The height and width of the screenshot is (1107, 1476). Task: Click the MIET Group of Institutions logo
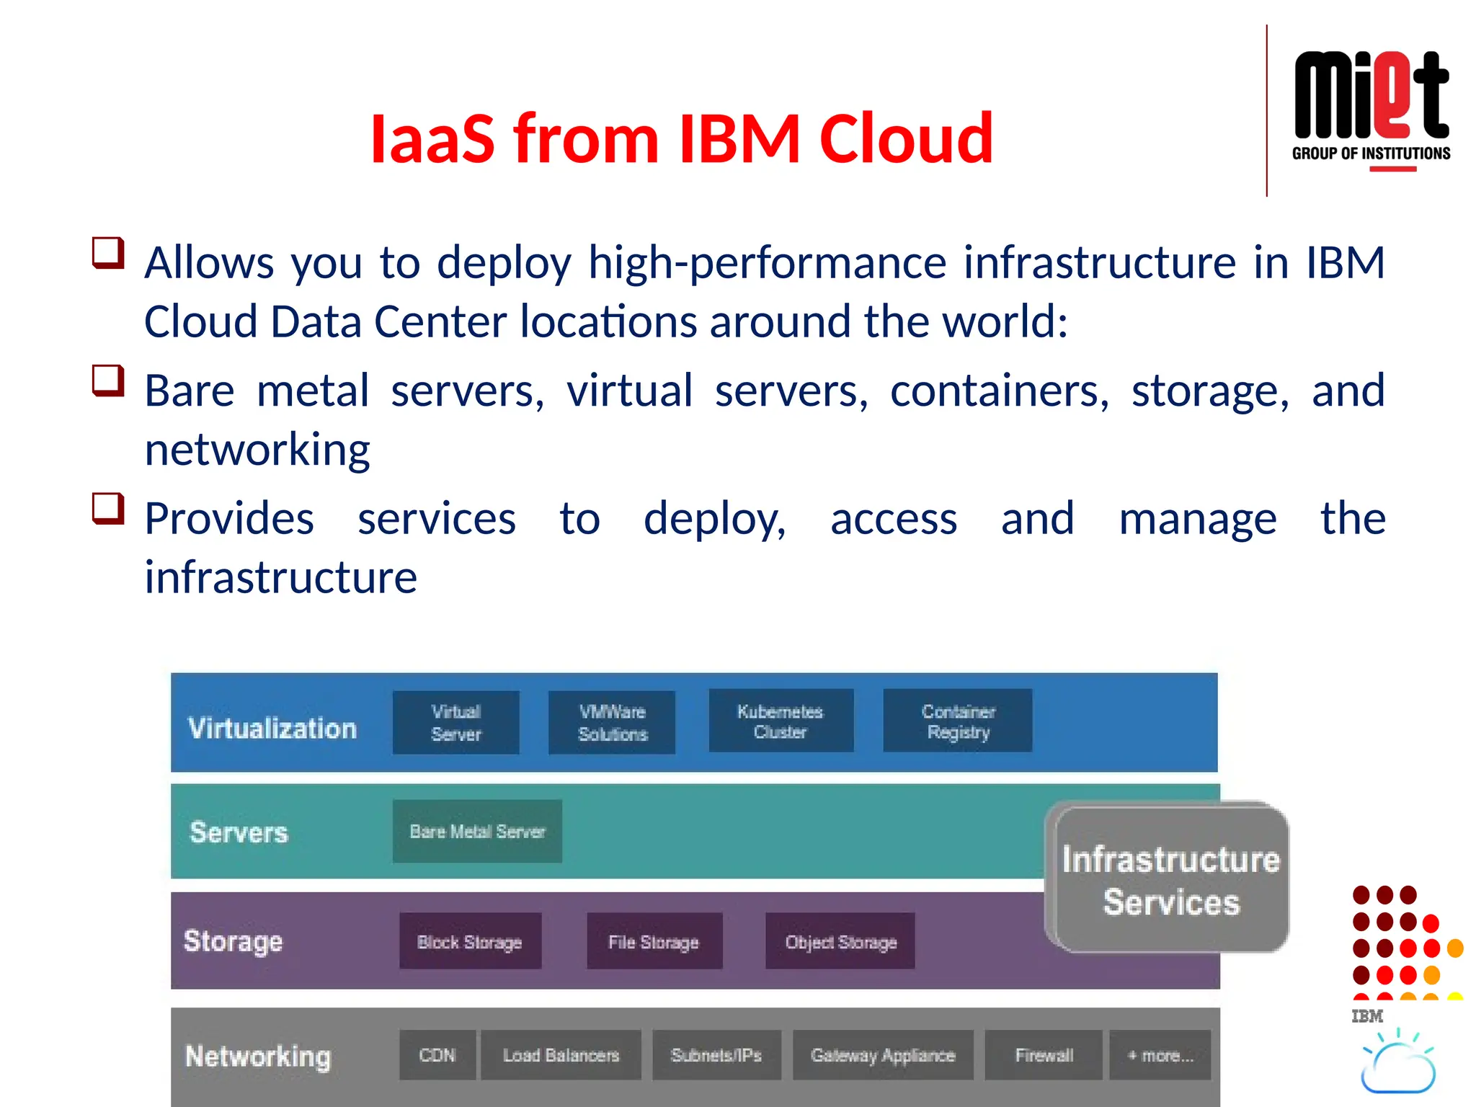(1371, 108)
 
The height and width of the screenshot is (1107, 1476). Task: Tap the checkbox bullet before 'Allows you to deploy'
(108, 253)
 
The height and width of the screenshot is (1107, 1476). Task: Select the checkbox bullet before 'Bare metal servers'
(108, 381)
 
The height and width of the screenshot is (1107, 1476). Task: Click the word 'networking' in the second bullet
(257, 450)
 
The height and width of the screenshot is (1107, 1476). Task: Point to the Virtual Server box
(455, 723)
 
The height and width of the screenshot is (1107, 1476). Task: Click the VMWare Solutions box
(612, 723)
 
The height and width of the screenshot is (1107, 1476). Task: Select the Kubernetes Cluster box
(781, 721)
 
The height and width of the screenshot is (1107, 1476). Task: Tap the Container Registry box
(958, 721)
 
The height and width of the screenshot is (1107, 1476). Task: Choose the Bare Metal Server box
(477, 831)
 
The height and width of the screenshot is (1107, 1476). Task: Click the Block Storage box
(470, 941)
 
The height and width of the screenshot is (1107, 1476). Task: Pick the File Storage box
(654, 941)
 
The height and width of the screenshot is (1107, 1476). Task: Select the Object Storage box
(840, 941)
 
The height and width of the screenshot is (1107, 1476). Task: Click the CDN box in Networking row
(437, 1055)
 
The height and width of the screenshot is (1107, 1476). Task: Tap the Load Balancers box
(561, 1055)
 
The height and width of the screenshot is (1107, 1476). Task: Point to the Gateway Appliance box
(883, 1055)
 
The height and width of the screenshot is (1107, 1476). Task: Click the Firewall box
(1044, 1055)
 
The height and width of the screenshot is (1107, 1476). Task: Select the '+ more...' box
(1160, 1055)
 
